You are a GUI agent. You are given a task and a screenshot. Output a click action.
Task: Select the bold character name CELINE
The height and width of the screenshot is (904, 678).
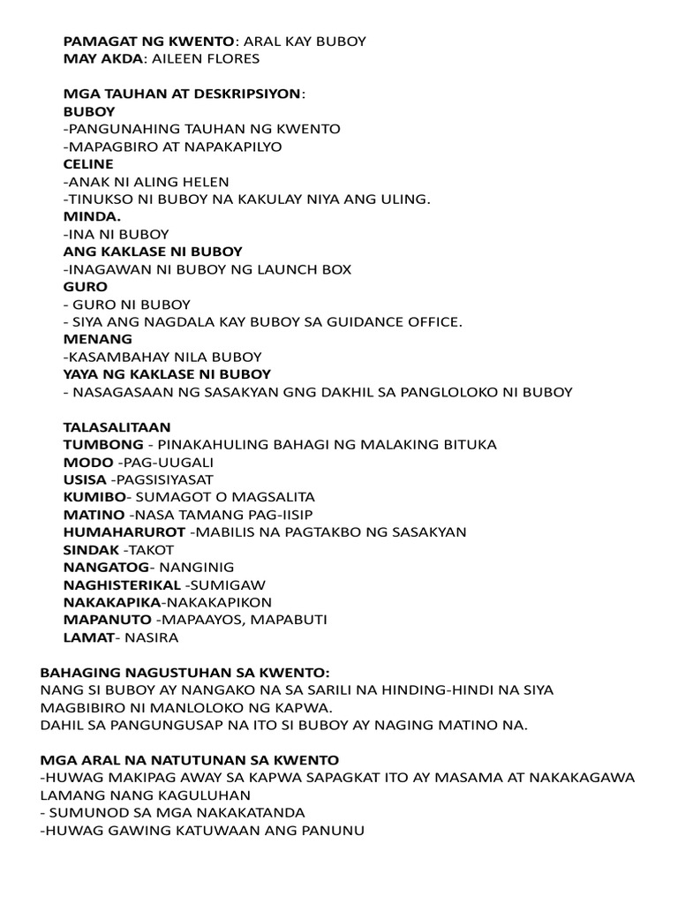point(88,164)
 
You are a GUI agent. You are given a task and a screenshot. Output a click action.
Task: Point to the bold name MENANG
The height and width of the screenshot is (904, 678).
point(98,339)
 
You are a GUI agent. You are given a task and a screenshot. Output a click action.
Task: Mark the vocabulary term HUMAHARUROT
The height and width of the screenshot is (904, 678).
point(124,531)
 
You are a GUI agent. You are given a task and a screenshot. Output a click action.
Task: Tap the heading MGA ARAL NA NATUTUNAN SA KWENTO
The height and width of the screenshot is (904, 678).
point(190,759)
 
